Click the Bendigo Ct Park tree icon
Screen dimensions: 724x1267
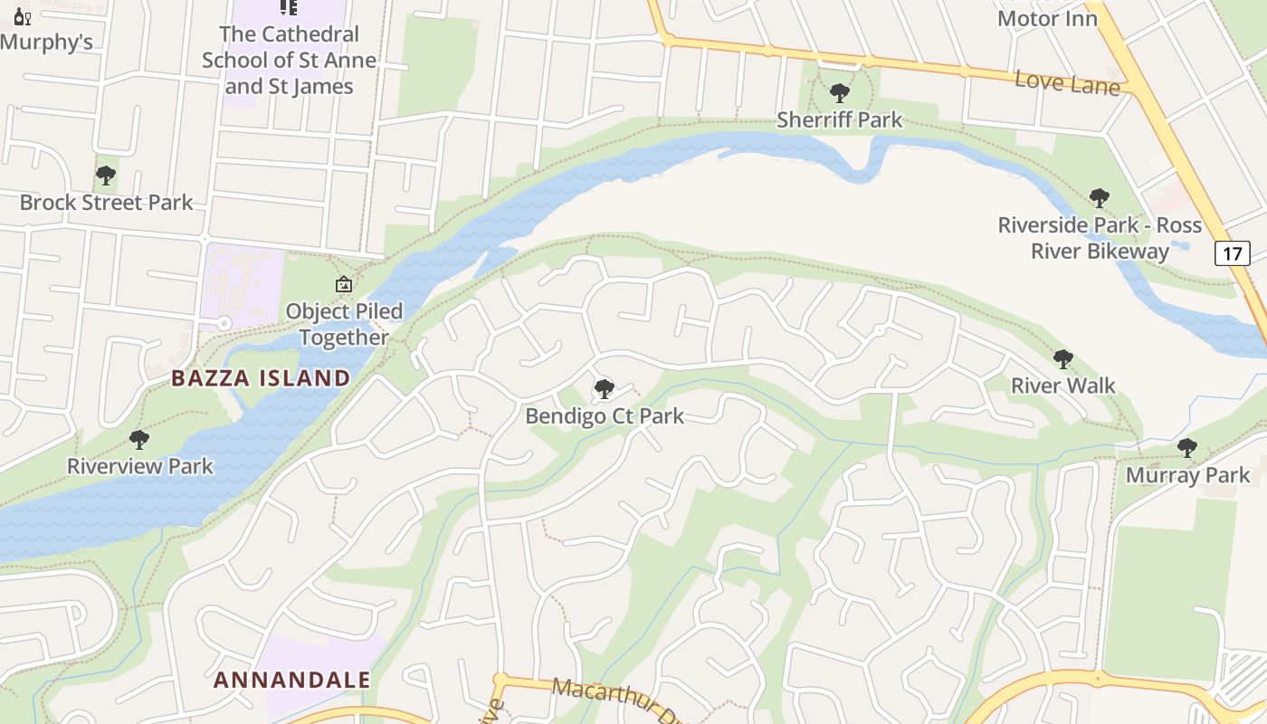pos(604,389)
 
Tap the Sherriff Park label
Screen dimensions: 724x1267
pos(839,119)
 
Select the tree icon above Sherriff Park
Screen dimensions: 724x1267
pos(839,92)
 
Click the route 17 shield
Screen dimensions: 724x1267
pos(1233,253)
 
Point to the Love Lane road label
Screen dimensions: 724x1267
pos(1067,82)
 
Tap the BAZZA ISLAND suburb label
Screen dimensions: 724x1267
pos(261,378)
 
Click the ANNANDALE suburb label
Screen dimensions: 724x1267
pos(292,680)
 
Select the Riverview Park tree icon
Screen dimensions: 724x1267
pos(138,440)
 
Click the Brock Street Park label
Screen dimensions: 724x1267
pos(107,202)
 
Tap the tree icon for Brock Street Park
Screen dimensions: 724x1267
pos(106,176)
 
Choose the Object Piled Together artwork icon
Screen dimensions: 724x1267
pos(344,284)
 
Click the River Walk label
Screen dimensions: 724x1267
pos(1062,386)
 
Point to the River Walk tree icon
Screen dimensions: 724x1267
pos(1062,359)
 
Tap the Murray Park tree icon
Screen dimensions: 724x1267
pos(1186,447)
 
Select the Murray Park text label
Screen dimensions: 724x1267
pos(1187,474)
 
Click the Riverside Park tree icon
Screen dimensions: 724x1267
pos(1099,197)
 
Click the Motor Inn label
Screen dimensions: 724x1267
pos(1047,18)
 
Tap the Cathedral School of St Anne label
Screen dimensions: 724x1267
pos(289,60)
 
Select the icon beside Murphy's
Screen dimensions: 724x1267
pos(22,15)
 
